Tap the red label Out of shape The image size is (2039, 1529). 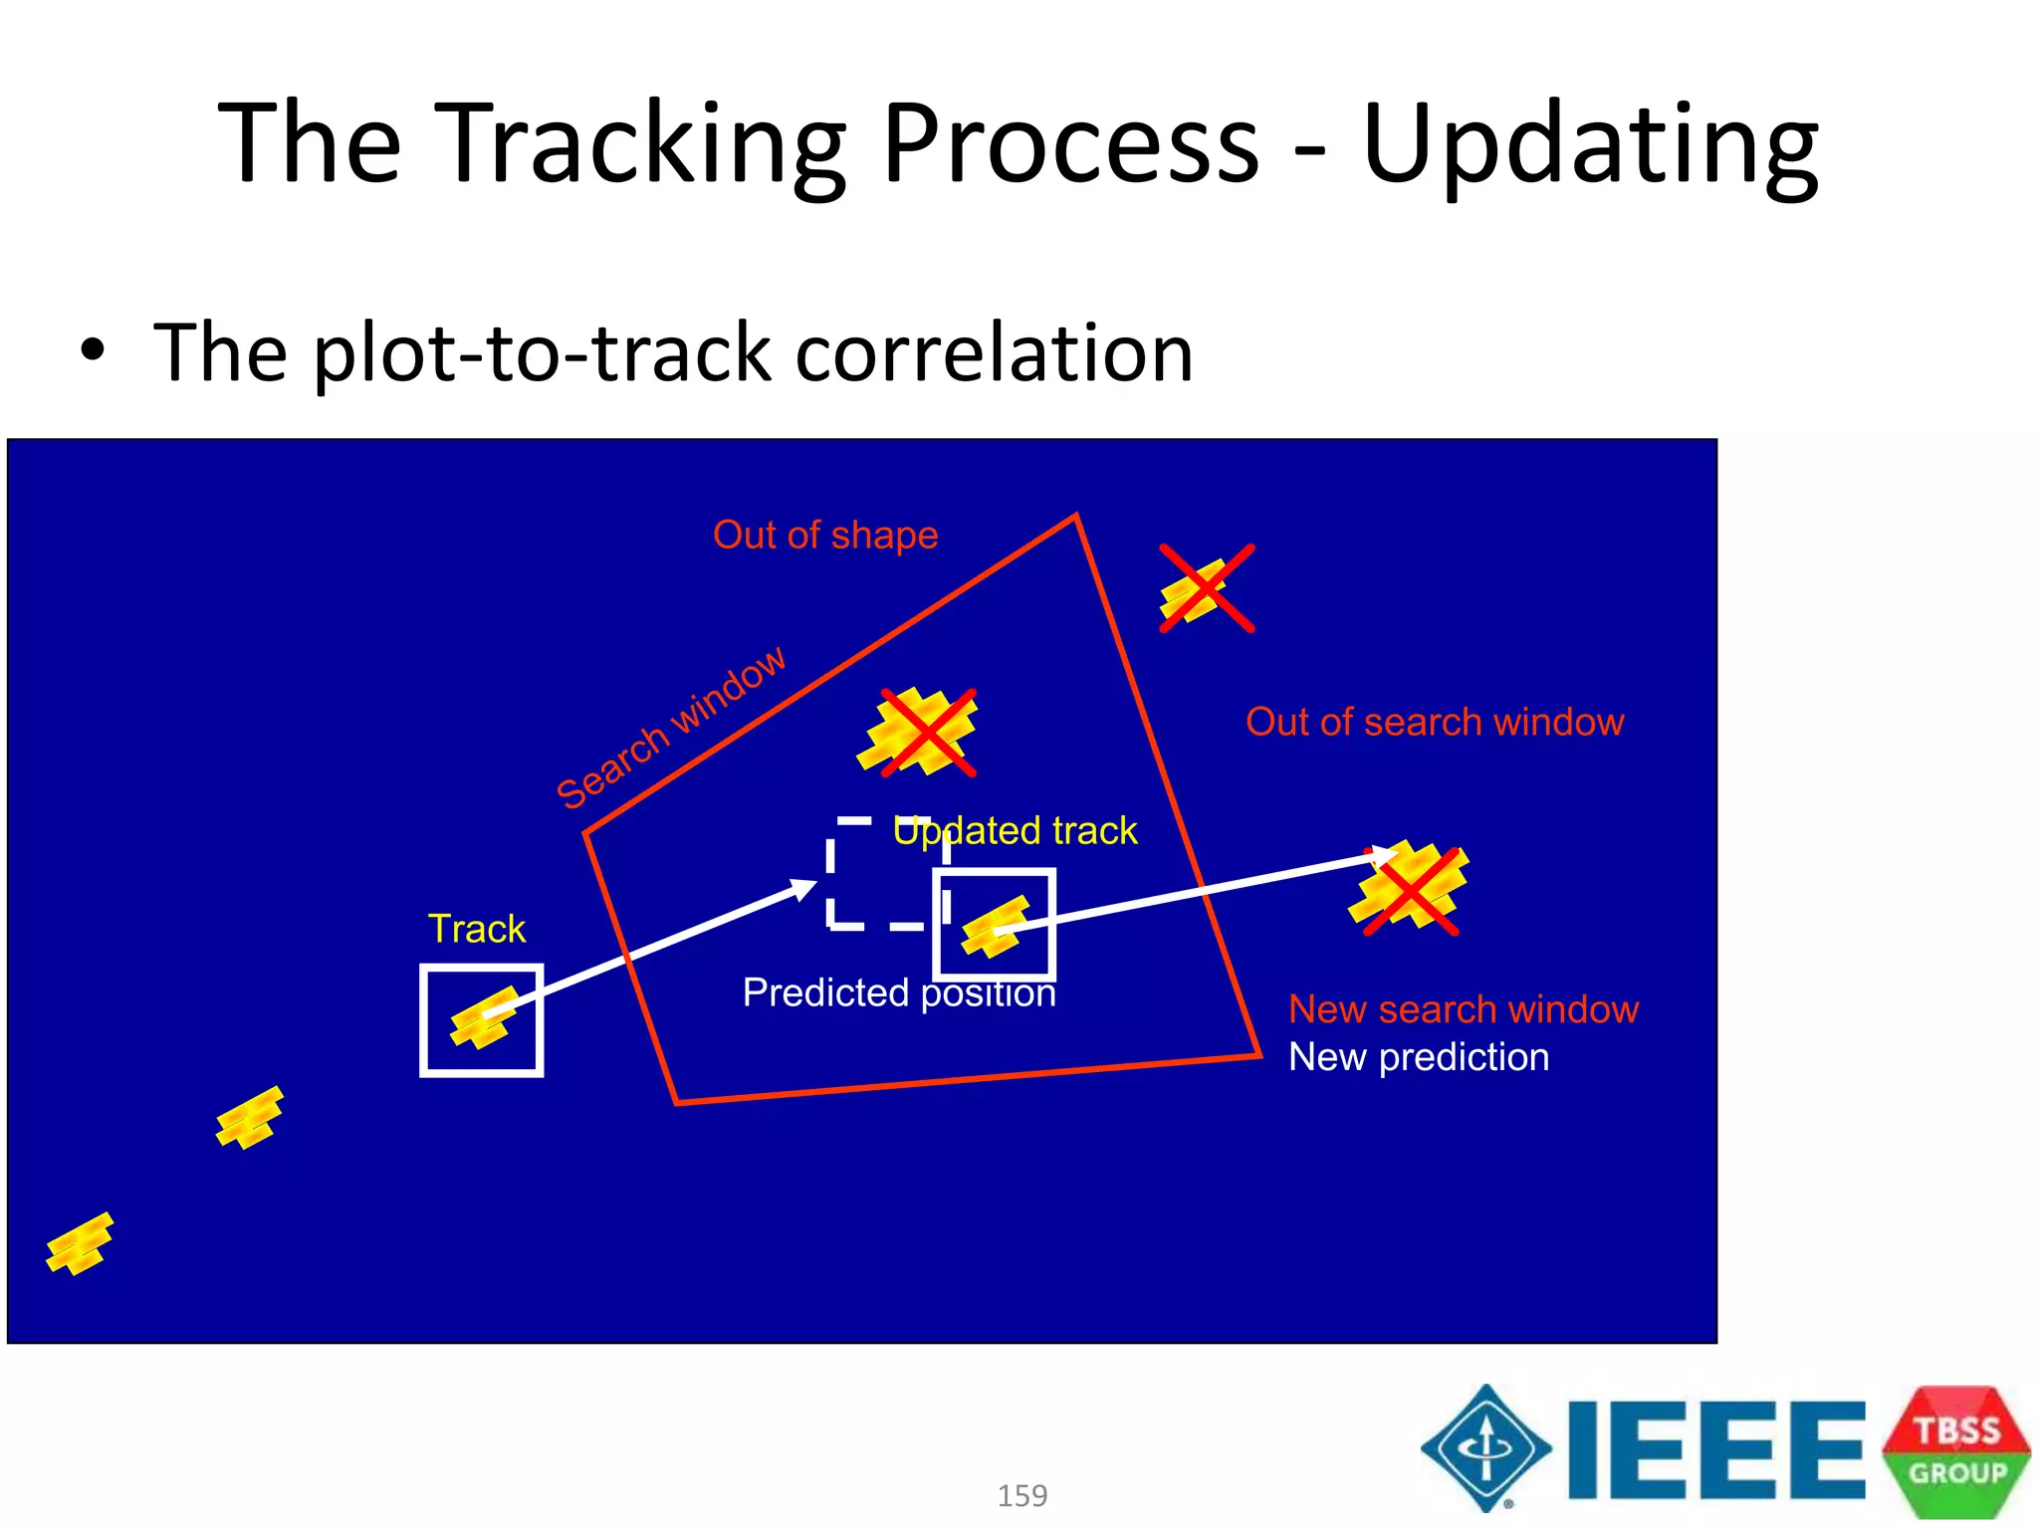coord(825,536)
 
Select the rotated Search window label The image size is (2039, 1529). coord(671,727)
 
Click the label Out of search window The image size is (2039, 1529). coord(1434,722)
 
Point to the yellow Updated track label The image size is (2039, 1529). coord(1015,830)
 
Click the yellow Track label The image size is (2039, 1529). coord(476,929)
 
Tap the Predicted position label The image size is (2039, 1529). coord(898,992)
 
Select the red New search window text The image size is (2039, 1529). coord(1463,1009)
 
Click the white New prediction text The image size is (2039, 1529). coord(1418,1057)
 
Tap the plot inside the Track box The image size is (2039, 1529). coord(484,1018)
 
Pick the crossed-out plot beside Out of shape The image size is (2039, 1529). coord(1205,589)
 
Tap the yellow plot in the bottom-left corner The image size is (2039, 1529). coord(80,1243)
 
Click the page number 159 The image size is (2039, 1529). coord(1021,1495)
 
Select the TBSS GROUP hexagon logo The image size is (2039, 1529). coord(1955,1451)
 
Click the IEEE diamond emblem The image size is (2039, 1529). coord(1485,1448)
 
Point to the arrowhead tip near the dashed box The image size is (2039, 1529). coord(815,884)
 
